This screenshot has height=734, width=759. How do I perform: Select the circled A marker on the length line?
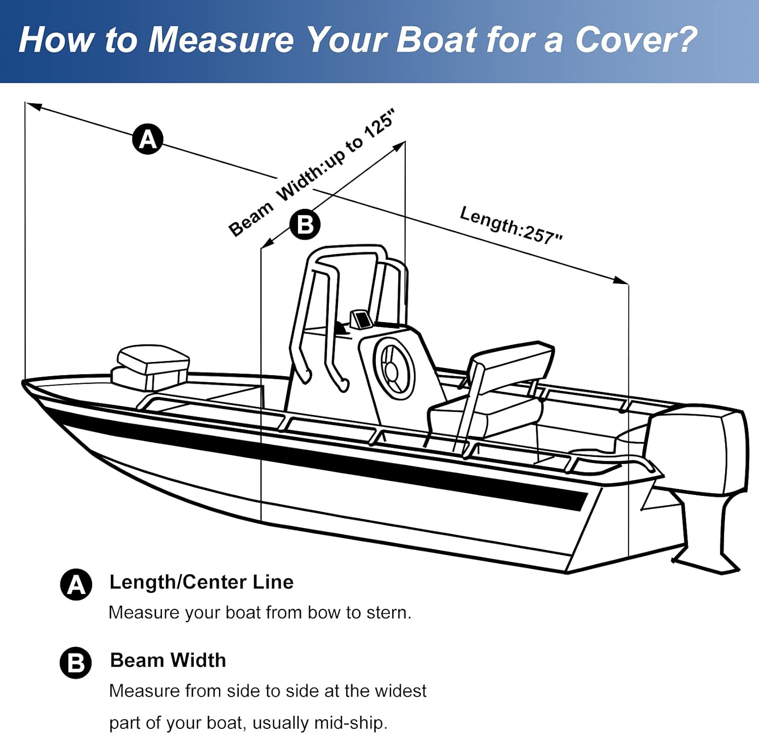[x=148, y=139]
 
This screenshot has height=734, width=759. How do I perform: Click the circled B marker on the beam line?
[x=305, y=224]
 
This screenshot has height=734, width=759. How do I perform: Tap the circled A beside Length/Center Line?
[x=76, y=585]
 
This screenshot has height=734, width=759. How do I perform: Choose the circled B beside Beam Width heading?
[x=76, y=663]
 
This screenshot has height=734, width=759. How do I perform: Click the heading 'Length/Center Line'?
[x=201, y=582]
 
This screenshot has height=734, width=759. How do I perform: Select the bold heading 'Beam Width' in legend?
[x=168, y=661]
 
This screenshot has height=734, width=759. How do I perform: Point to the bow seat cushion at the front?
[x=152, y=357]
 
